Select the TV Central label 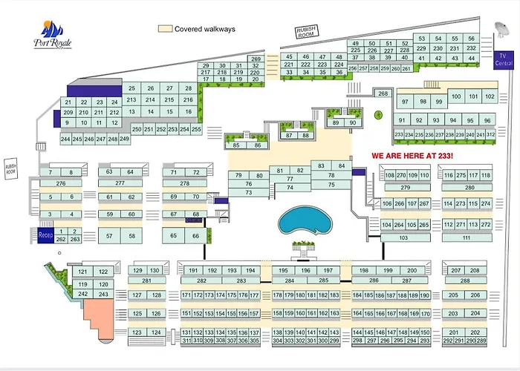tap(504, 59)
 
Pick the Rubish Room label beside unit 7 tap(11, 168)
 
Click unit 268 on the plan tap(383, 93)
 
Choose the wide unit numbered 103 tap(404, 237)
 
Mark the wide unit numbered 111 tap(467, 237)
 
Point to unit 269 tap(256, 59)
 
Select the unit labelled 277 tap(120, 183)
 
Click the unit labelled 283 tap(241, 281)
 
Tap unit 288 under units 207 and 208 tap(465, 281)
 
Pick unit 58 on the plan tap(131, 236)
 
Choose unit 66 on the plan tap(195, 236)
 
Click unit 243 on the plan tap(103, 295)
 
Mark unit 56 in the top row tap(471, 39)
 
